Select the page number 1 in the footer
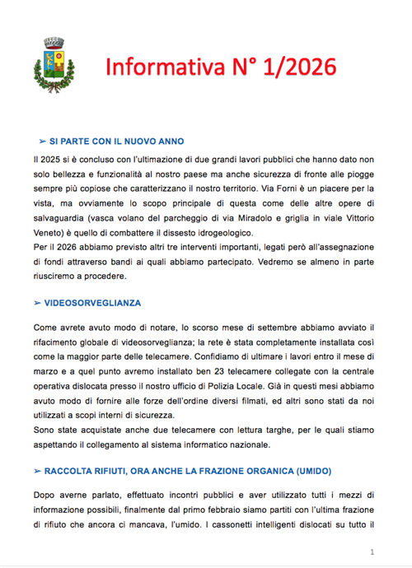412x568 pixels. pos(373,552)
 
